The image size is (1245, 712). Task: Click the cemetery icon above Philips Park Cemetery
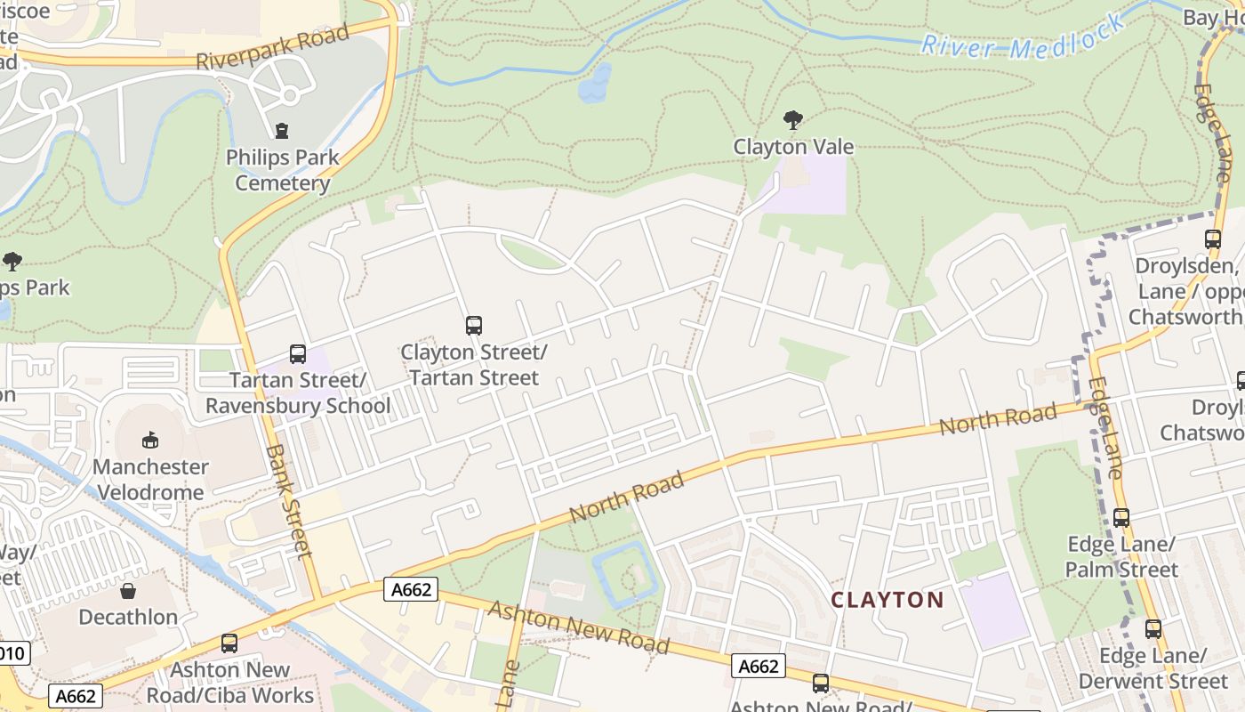[282, 131]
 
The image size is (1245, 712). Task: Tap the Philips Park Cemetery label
[282, 170]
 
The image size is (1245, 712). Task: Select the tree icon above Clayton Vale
[793, 120]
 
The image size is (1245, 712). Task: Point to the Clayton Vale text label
[793, 147]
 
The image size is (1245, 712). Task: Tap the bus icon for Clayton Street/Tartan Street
[474, 326]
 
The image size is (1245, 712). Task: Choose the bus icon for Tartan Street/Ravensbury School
[298, 354]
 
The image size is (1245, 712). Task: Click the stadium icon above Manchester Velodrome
[150, 441]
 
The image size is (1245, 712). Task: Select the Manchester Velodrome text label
[150, 479]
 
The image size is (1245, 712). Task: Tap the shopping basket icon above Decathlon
[128, 591]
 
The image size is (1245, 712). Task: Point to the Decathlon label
[128, 617]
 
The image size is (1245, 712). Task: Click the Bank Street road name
[288, 501]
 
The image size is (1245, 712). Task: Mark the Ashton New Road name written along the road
[578, 627]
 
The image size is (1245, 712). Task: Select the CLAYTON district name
[887, 600]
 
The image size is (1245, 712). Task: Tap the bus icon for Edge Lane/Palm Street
[1121, 518]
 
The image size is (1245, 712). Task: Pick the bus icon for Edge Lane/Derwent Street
[1153, 629]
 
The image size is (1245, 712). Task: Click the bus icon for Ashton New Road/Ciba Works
[229, 643]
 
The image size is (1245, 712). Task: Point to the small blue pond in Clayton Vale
[594, 84]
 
